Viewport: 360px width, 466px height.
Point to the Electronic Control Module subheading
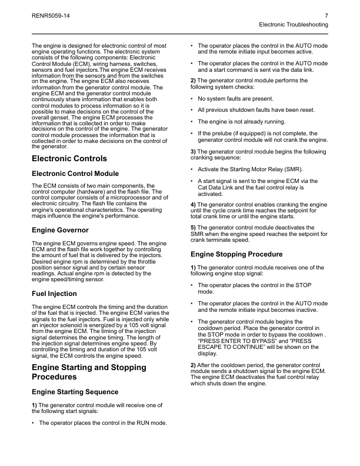tap(75, 174)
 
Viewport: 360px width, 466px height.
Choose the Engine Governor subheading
tap(60, 229)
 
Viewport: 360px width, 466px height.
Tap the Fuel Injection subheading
tap(54, 293)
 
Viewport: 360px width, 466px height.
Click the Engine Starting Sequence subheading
tap(75, 392)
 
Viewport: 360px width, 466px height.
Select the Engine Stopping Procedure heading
tap(236, 254)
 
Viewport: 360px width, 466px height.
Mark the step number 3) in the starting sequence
tap(194, 151)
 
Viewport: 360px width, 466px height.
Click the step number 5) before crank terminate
tap(194, 227)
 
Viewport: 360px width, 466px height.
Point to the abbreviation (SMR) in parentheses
tap(290, 169)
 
